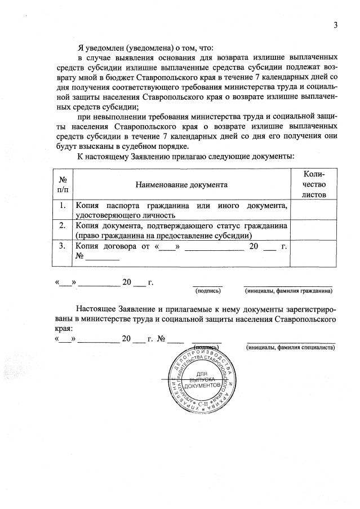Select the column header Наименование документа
181,184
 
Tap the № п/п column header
63,184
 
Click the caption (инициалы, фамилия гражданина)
288,291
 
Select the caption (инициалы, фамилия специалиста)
290,348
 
